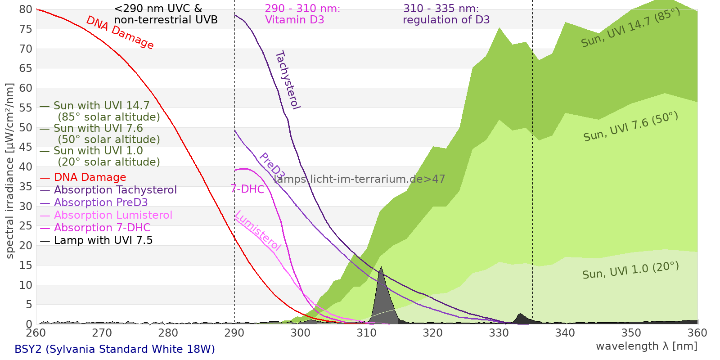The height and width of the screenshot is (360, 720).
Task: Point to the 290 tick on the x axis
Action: tap(234, 333)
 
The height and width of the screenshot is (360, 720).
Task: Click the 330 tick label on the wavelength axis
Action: tap(499, 333)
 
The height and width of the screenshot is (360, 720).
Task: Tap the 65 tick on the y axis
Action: tap(26, 68)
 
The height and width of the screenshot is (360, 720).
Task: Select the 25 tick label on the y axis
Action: tap(26, 226)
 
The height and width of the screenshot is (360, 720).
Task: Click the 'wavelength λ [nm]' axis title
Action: tap(646, 346)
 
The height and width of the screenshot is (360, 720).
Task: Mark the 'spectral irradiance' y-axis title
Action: tap(10, 171)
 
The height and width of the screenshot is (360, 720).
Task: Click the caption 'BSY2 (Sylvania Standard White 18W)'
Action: tap(115, 349)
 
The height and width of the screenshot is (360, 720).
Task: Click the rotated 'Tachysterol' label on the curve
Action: tap(288, 80)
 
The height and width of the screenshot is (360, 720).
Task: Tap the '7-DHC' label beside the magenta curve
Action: tap(247, 189)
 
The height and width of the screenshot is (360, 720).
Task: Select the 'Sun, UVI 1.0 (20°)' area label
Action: tap(630, 270)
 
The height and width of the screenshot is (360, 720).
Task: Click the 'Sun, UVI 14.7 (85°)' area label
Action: tap(630, 28)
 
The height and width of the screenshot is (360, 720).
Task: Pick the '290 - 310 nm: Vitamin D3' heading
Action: tap(302, 14)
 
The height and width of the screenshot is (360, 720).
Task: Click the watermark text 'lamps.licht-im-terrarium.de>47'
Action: tap(359, 179)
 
